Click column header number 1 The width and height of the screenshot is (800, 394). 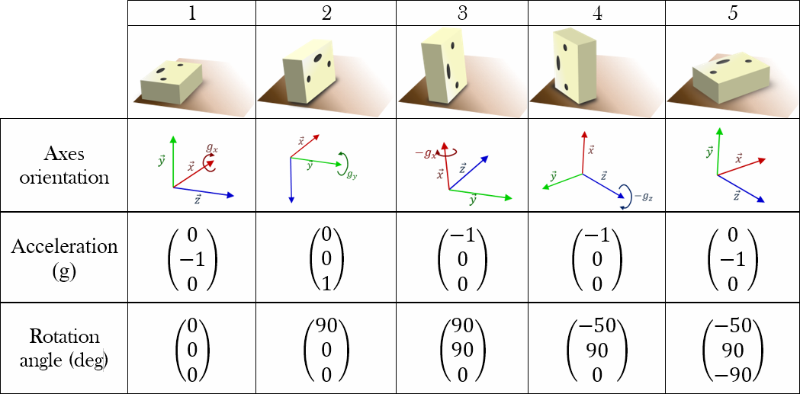tap(192, 14)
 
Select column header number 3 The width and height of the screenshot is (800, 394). tap(462, 14)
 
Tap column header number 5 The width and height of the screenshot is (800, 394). tap(733, 14)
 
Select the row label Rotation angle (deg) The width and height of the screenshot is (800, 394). tap(65, 348)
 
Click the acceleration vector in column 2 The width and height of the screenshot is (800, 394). tap(326, 259)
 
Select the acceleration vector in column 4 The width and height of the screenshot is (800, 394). tap(597, 259)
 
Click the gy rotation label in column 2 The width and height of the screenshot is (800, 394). tap(350, 175)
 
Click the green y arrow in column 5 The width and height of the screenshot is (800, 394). tap(718, 152)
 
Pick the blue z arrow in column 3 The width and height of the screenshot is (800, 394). tap(467, 172)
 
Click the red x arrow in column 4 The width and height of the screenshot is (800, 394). tap(583, 153)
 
